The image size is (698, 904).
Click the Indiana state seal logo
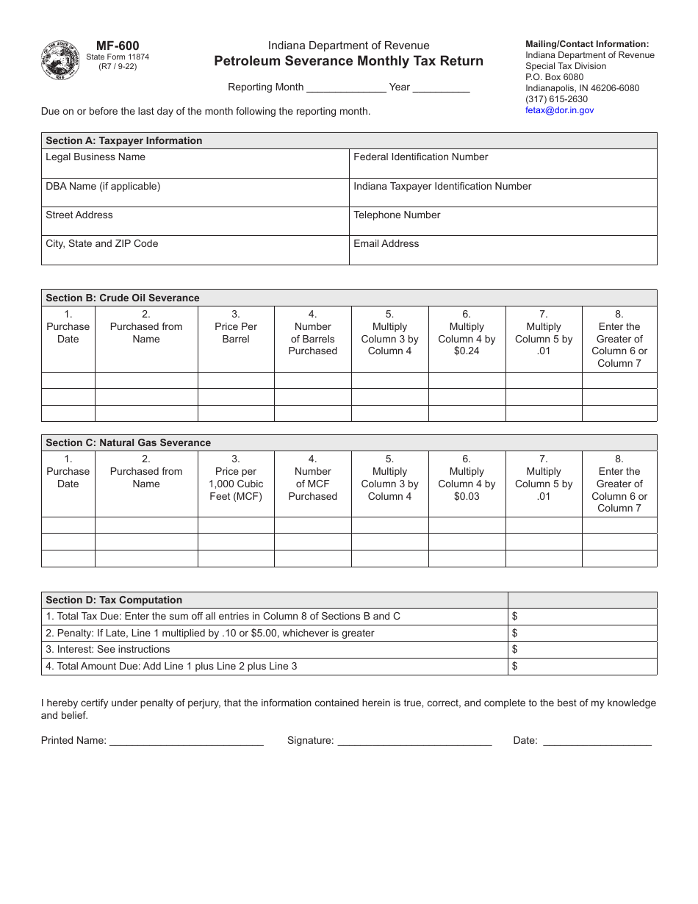[x=61, y=60]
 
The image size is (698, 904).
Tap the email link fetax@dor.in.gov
[x=559, y=110]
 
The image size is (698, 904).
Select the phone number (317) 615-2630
[x=556, y=99]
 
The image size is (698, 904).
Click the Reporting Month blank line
[x=346, y=88]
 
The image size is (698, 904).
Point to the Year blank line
[x=441, y=88]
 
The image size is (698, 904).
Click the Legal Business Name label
[x=96, y=157]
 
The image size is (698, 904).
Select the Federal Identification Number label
[x=420, y=157]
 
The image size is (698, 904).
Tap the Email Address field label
[x=386, y=243]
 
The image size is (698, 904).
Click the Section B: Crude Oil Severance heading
[x=123, y=298]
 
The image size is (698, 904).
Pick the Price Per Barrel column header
[x=236, y=333]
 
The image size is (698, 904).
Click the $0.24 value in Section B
[x=467, y=351]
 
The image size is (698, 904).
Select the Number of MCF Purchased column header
[x=312, y=484]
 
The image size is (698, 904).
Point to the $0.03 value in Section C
[x=467, y=496]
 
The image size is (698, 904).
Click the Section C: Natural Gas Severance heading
[x=128, y=442]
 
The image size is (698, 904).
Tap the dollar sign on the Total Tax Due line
[x=515, y=617]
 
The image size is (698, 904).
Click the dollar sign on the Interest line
[x=515, y=650]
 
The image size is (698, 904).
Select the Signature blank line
[x=414, y=742]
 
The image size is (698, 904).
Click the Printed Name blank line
[x=186, y=742]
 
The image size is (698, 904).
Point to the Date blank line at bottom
[x=597, y=742]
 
